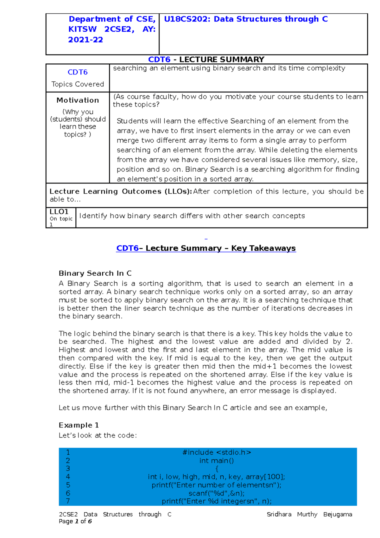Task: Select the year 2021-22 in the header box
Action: coord(85,40)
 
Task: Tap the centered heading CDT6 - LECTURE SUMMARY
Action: coord(206,60)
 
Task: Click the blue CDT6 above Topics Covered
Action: coord(78,72)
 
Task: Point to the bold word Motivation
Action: coord(78,100)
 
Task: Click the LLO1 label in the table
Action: coord(59,212)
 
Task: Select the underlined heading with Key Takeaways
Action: coord(206,248)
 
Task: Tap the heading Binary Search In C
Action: coord(95,273)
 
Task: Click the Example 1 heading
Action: coord(79,425)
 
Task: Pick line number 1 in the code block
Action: coord(68,452)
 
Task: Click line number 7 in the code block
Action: coord(68,501)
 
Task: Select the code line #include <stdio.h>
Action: coord(217,452)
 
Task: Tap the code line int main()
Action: coord(217,461)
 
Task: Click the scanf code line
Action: coord(217,493)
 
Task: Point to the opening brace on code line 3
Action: coord(217,469)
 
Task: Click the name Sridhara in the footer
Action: coord(279,514)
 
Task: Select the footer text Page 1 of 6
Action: coord(75,521)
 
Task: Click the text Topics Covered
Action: coord(78,84)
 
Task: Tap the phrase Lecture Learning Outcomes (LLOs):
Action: coord(121,191)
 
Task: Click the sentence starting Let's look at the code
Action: coord(98,435)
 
